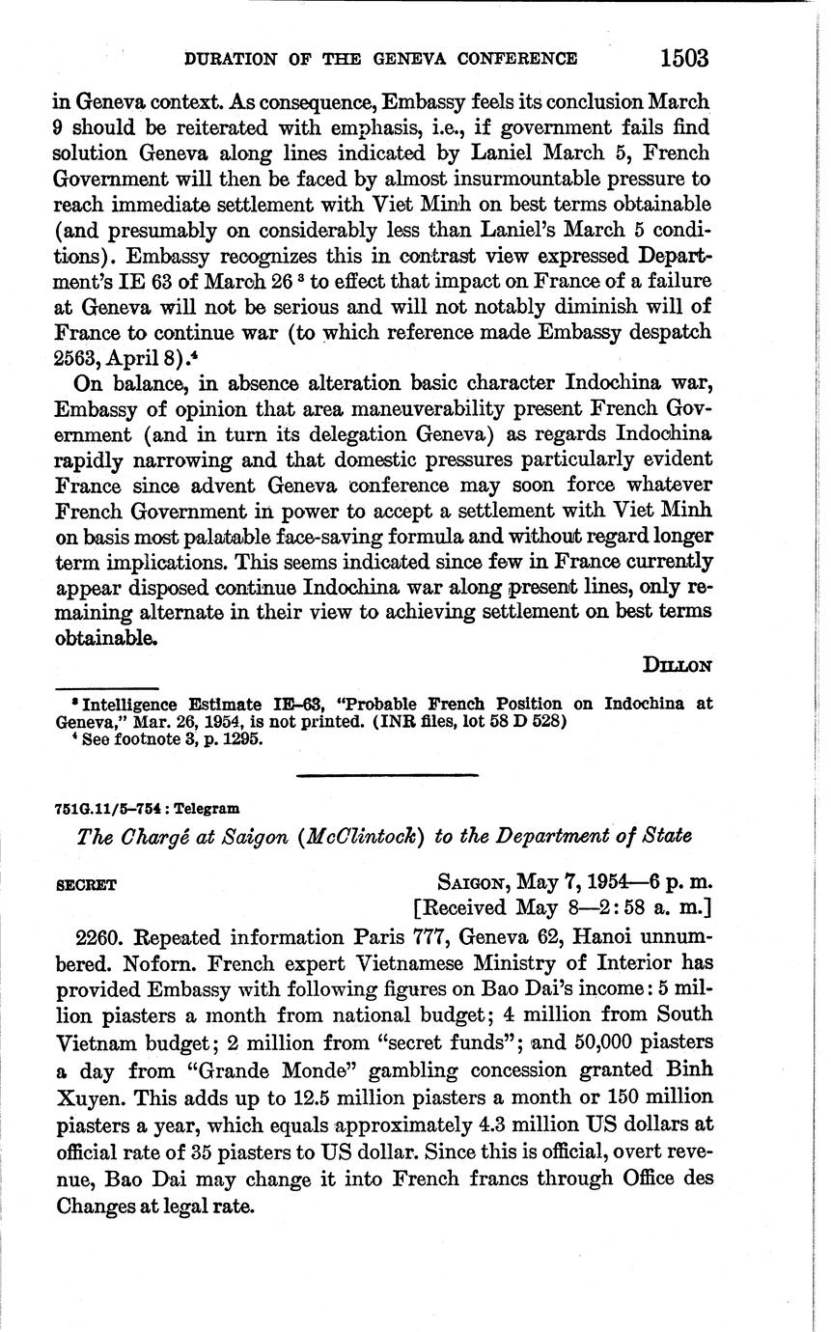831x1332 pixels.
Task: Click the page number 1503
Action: click(x=684, y=58)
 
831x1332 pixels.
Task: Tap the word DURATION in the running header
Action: click(x=228, y=59)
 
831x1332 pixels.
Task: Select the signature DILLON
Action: click(x=677, y=665)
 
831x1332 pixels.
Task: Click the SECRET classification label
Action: click(x=86, y=884)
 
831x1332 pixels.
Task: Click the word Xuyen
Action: click(x=87, y=1097)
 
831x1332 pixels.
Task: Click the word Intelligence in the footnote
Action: click(x=130, y=704)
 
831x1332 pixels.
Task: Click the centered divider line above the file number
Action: click(x=386, y=774)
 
